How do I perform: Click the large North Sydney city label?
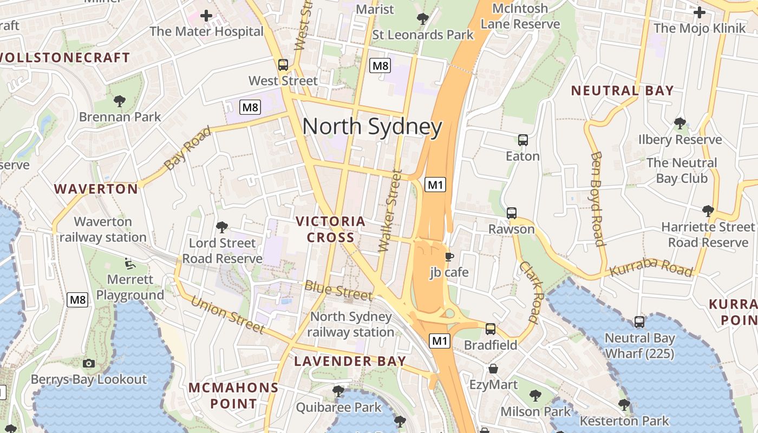pyautogui.click(x=373, y=127)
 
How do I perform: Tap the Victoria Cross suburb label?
pyautogui.click(x=330, y=229)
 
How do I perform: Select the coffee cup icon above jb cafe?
pyautogui.click(x=449, y=257)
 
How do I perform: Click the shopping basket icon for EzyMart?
pyautogui.click(x=493, y=369)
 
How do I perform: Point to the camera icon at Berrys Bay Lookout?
pyautogui.click(x=89, y=363)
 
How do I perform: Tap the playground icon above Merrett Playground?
pyautogui.click(x=130, y=263)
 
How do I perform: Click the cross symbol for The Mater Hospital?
pyautogui.click(x=206, y=15)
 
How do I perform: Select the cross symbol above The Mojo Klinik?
pyautogui.click(x=700, y=12)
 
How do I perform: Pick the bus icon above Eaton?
pyautogui.click(x=522, y=140)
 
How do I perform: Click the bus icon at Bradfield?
pyautogui.click(x=491, y=329)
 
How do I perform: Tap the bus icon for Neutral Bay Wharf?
pyautogui.click(x=639, y=322)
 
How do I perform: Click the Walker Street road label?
pyautogui.click(x=390, y=212)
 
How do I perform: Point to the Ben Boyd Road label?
pyautogui.click(x=597, y=199)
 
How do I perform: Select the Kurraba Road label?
pyautogui.click(x=651, y=268)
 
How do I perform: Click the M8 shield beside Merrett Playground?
pyautogui.click(x=77, y=300)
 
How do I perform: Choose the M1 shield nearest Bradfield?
pyautogui.click(x=440, y=341)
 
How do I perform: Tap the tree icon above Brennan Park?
pyautogui.click(x=120, y=101)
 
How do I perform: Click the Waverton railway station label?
pyautogui.click(x=103, y=229)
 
